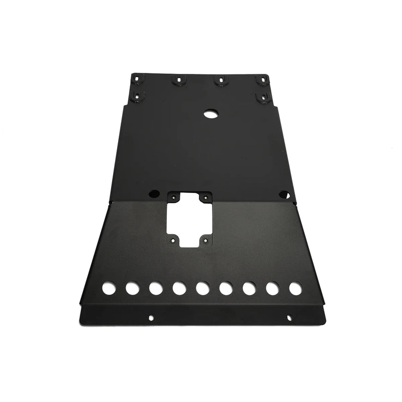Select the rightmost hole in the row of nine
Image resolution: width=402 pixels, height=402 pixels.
point(295,288)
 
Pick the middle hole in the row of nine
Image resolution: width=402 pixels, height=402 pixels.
point(203,288)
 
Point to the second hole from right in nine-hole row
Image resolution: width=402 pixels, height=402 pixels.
point(272,288)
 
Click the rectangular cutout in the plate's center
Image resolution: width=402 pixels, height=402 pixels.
point(190,219)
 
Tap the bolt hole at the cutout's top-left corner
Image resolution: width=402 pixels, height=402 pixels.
point(174,197)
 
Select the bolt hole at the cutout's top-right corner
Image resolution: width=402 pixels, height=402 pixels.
point(205,197)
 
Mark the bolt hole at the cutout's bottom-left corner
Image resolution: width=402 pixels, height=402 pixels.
point(174,240)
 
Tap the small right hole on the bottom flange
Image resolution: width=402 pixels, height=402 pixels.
point(289,317)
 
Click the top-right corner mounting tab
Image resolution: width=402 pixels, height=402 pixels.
point(261,80)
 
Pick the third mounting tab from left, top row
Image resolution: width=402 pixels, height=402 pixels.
point(220,79)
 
